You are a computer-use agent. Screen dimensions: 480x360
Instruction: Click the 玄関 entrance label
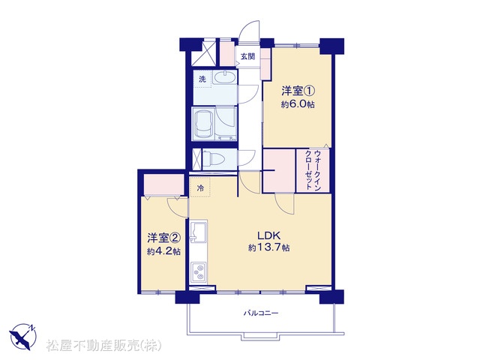(247, 57)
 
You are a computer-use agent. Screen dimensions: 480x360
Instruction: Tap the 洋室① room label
(298, 91)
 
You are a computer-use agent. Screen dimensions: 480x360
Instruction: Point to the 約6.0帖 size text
(298, 104)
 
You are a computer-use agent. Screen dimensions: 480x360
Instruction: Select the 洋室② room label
(163, 238)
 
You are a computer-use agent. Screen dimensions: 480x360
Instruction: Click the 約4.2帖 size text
(163, 252)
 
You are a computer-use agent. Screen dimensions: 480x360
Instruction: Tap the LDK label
(268, 235)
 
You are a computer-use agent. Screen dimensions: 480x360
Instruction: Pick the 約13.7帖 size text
(268, 247)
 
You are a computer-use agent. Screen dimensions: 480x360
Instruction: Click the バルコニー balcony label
(261, 313)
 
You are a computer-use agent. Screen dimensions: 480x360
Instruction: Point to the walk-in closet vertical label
(313, 170)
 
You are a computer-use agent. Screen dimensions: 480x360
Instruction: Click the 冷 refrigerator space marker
(200, 187)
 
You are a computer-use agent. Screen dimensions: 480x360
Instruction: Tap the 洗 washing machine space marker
(202, 79)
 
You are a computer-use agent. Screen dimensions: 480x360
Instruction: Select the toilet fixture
(214, 158)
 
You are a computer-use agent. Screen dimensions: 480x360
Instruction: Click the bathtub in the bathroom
(203, 124)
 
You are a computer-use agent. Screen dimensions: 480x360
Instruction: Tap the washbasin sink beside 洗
(225, 78)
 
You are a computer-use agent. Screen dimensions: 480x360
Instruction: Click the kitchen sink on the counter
(198, 232)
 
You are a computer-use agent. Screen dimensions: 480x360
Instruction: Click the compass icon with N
(23, 337)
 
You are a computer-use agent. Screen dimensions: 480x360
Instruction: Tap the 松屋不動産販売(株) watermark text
(104, 346)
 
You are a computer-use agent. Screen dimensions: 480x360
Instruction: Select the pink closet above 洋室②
(164, 185)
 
